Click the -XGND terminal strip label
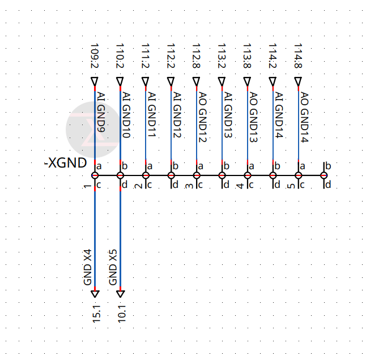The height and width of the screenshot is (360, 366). click(x=65, y=163)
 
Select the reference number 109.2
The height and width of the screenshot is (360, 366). click(x=95, y=56)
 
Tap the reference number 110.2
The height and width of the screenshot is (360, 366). click(x=120, y=56)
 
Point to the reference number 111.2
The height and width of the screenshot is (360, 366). click(x=146, y=56)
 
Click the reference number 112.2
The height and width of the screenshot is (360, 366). click(x=171, y=56)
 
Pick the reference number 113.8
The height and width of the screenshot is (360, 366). click(x=248, y=56)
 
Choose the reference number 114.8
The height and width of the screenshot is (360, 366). click(x=299, y=56)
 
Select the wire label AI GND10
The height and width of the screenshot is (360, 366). click(x=126, y=115)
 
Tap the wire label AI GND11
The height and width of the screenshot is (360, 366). click(x=151, y=115)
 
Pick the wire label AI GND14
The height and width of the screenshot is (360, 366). click(x=279, y=115)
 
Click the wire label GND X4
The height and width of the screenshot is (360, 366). click(x=88, y=267)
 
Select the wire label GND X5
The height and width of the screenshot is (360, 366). click(x=113, y=267)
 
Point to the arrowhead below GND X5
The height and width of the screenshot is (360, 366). click(x=120, y=294)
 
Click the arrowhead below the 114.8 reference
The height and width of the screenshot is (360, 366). click(x=299, y=82)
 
